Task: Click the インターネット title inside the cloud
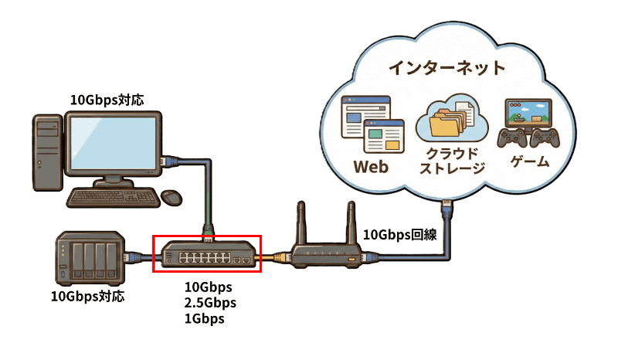[446, 68]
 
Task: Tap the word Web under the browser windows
[370, 167]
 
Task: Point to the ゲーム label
[530, 162]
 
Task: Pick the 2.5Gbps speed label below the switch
[209, 301]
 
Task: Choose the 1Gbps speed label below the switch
[204, 318]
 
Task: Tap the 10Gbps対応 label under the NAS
[87, 295]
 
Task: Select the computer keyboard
[112, 198]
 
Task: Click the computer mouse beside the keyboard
[172, 197]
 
